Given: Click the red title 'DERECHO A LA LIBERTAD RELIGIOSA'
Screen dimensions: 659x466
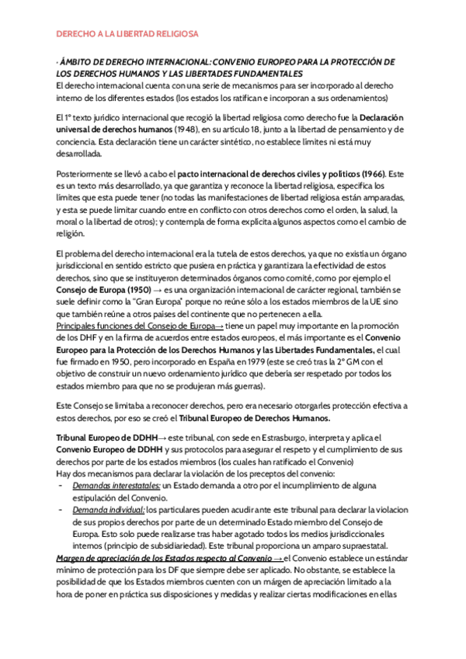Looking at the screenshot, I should click(x=128, y=35).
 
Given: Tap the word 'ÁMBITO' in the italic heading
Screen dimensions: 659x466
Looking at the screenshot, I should click(x=80, y=62).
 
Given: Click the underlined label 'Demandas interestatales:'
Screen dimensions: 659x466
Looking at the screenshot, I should click(x=116, y=485).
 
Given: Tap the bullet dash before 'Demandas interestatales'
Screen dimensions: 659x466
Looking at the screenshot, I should click(x=61, y=485).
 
